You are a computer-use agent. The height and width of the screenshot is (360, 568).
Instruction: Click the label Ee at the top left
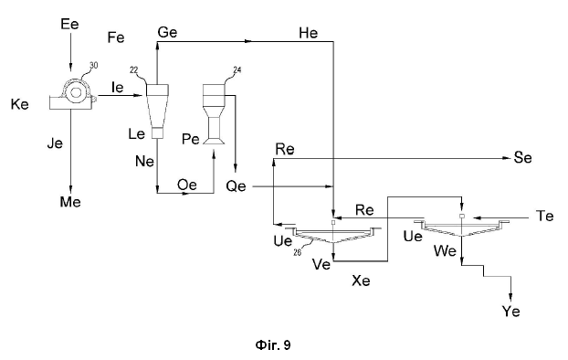(70, 25)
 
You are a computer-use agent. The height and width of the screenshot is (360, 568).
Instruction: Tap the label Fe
(116, 37)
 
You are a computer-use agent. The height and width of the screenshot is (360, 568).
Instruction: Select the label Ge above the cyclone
(167, 33)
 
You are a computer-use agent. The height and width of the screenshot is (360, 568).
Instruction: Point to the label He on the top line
(309, 34)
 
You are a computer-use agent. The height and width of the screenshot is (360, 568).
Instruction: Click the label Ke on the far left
(19, 104)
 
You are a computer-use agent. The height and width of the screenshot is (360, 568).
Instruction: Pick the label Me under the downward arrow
(70, 202)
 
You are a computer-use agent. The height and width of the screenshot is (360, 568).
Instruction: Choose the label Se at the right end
(522, 158)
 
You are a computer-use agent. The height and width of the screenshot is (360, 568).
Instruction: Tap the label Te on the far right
(544, 216)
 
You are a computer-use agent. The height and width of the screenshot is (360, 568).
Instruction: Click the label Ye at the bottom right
(510, 312)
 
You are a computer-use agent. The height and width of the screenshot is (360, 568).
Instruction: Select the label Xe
(361, 281)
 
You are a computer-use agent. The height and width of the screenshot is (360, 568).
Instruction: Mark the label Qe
(236, 186)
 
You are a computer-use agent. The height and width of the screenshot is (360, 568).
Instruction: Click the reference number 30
(94, 65)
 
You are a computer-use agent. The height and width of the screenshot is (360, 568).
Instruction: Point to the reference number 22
(133, 70)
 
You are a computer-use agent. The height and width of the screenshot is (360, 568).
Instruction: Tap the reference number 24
(237, 69)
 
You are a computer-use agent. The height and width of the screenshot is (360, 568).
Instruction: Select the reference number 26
(297, 252)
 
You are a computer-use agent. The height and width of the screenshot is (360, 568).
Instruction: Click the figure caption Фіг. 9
(273, 345)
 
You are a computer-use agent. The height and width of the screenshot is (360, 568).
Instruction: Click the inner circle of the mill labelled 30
(76, 92)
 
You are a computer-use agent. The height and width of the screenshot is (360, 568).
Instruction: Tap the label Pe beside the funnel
(191, 139)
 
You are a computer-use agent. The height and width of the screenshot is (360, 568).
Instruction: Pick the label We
(445, 251)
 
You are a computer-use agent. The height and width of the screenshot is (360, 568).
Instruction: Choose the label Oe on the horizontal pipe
(187, 185)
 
